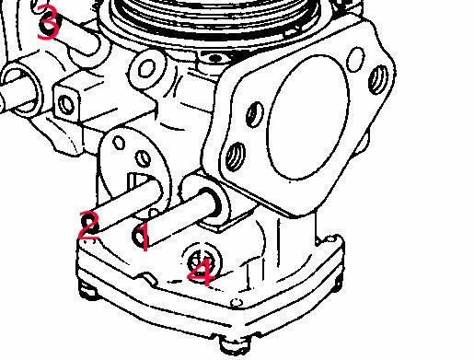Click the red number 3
[48, 23]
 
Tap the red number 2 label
[88, 226]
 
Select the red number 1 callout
[144, 237]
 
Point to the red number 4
[202, 272]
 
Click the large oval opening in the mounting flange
[308, 118]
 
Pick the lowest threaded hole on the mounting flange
[236, 157]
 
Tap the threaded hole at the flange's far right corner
[377, 79]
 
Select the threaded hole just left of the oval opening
[255, 114]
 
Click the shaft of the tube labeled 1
[178, 217]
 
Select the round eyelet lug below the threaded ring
[147, 69]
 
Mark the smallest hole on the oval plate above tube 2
[119, 143]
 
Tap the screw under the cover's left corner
[88, 290]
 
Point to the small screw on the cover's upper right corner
[330, 238]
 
